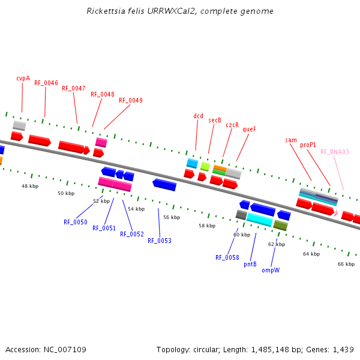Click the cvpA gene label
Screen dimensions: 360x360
[x=23, y=78]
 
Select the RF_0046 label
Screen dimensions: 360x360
[x=46, y=83]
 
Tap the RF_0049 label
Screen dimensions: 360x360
[x=131, y=100]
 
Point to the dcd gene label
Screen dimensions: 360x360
[x=198, y=116]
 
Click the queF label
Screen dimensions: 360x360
[x=249, y=129]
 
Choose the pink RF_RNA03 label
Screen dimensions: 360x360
[x=334, y=152]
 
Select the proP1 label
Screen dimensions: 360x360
[x=308, y=145]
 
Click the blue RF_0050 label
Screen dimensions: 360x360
[x=76, y=222]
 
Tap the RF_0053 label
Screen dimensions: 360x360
[x=160, y=241]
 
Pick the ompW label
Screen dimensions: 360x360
[x=271, y=270]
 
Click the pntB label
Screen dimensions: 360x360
[x=250, y=264]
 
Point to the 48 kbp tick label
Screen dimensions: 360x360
[x=30, y=186]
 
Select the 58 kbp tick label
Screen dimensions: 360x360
[x=207, y=226]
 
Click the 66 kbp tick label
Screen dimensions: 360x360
[x=346, y=264]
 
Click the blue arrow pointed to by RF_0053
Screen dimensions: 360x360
[x=164, y=184]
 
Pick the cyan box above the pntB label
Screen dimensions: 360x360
[x=260, y=220]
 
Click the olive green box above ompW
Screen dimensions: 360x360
[x=280, y=226]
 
